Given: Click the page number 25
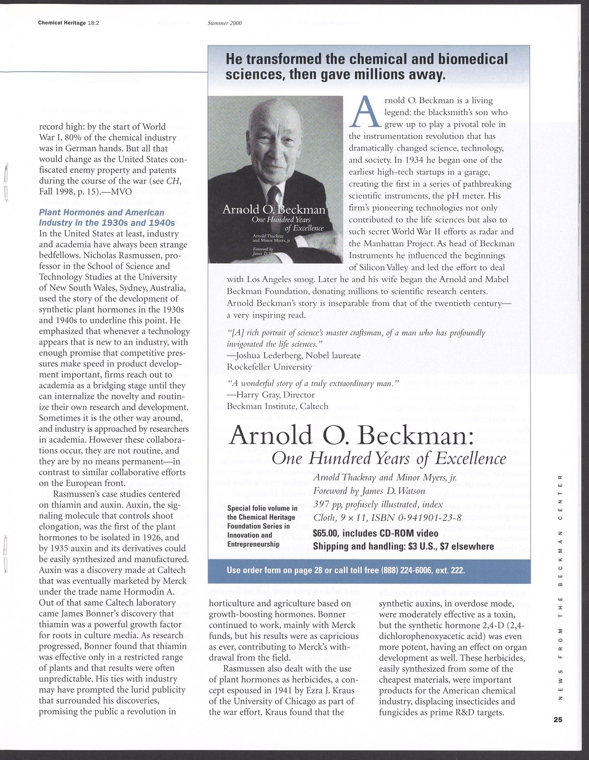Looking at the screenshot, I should (x=557, y=720).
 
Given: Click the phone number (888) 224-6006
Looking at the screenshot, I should (x=399, y=571).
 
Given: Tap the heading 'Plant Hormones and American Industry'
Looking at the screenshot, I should (x=102, y=217).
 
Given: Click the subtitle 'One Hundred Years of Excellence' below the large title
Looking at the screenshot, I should (x=388, y=458).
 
